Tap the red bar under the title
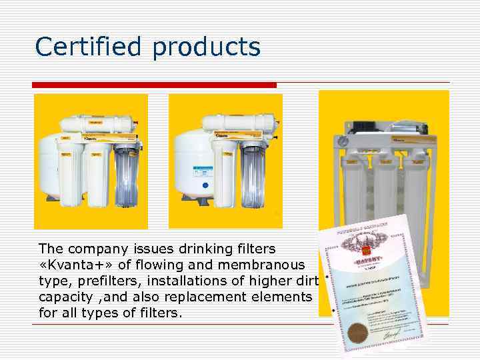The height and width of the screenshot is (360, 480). [x=155, y=85]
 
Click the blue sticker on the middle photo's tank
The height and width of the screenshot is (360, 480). [x=205, y=185]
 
